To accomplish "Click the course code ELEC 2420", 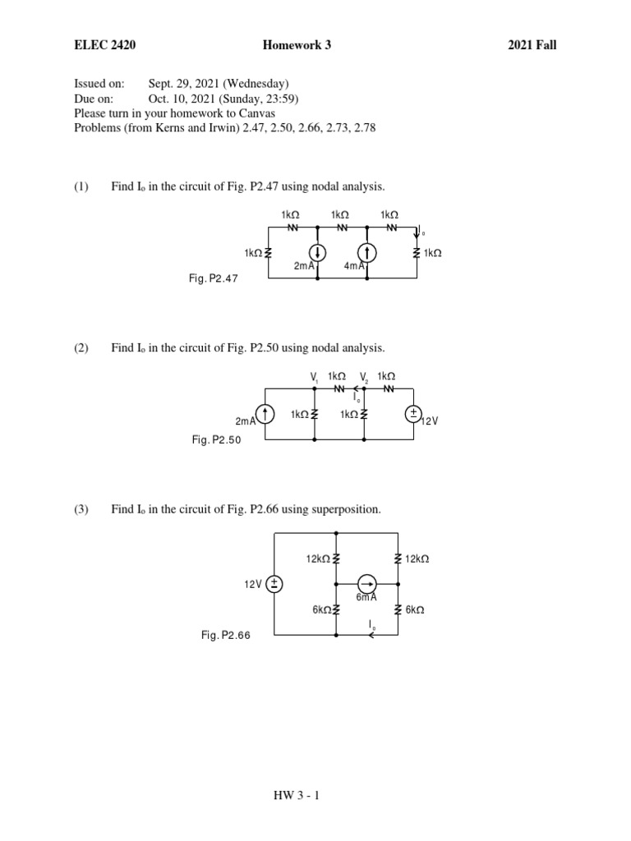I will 105,45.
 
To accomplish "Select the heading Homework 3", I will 297,45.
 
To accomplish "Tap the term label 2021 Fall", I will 532,45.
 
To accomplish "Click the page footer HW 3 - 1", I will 297,795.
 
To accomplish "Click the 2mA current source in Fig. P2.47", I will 317,253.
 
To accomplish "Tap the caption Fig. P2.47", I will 213,279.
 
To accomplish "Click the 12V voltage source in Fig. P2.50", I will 413,414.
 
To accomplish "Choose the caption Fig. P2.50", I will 216,440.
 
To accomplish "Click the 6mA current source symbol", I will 366,584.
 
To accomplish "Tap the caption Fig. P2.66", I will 226,635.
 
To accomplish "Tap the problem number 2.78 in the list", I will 365,128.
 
